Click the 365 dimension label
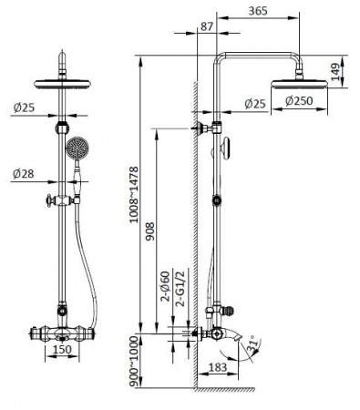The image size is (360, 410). pos(258,11)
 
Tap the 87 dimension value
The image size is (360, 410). pos(207,26)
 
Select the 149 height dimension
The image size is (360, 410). pos(335,72)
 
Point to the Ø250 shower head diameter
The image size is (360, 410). pos(299,101)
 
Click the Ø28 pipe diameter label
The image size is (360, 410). pos(24,174)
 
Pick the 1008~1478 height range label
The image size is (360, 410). pos(134,195)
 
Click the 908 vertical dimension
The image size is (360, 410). pos(149,231)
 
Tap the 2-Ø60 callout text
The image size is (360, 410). pos(166,286)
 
